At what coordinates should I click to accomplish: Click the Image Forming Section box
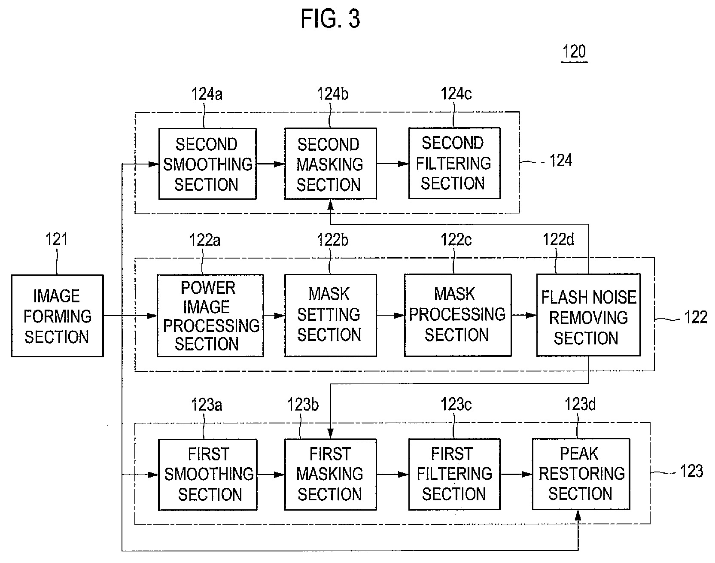(58, 316)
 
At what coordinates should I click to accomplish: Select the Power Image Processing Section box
(210, 316)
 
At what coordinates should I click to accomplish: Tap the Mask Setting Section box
(331, 316)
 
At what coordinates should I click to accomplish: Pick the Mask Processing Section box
(458, 316)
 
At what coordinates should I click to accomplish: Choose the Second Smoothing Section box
(207, 164)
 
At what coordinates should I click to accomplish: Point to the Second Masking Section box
(331, 164)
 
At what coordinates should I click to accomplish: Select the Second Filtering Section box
(454, 163)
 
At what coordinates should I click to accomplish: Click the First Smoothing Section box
(208, 475)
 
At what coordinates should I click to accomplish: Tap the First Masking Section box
(331, 475)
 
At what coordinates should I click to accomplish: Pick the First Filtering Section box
(454, 475)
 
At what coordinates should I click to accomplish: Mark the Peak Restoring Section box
(581, 474)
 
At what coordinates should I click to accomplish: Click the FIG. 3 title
(330, 19)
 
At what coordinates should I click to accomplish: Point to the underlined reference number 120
(574, 52)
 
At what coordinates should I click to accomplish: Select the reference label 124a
(207, 94)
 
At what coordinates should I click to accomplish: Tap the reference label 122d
(558, 240)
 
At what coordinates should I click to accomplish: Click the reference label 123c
(456, 404)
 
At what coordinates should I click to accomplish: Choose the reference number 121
(57, 239)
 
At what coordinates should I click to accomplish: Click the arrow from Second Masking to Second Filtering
(392, 164)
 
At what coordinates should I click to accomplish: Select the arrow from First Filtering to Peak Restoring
(516, 475)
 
